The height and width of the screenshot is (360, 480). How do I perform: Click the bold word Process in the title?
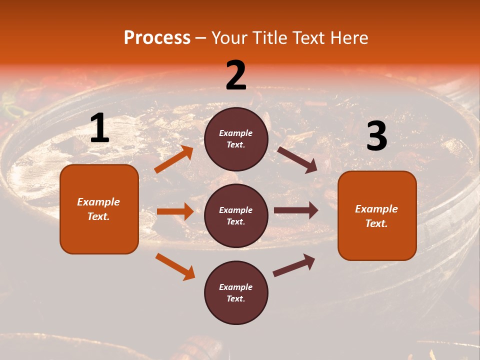tap(157, 38)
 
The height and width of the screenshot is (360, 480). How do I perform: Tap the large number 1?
tap(99, 128)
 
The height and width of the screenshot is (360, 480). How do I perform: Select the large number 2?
tap(236, 75)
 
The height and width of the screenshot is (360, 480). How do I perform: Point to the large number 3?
tap(376, 136)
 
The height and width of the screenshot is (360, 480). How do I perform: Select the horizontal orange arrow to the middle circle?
tap(175, 211)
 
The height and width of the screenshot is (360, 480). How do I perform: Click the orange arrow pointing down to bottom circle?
tap(175, 266)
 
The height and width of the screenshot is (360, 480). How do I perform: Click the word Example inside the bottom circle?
tap(235, 287)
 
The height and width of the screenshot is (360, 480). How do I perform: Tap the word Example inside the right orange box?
tap(376, 209)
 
